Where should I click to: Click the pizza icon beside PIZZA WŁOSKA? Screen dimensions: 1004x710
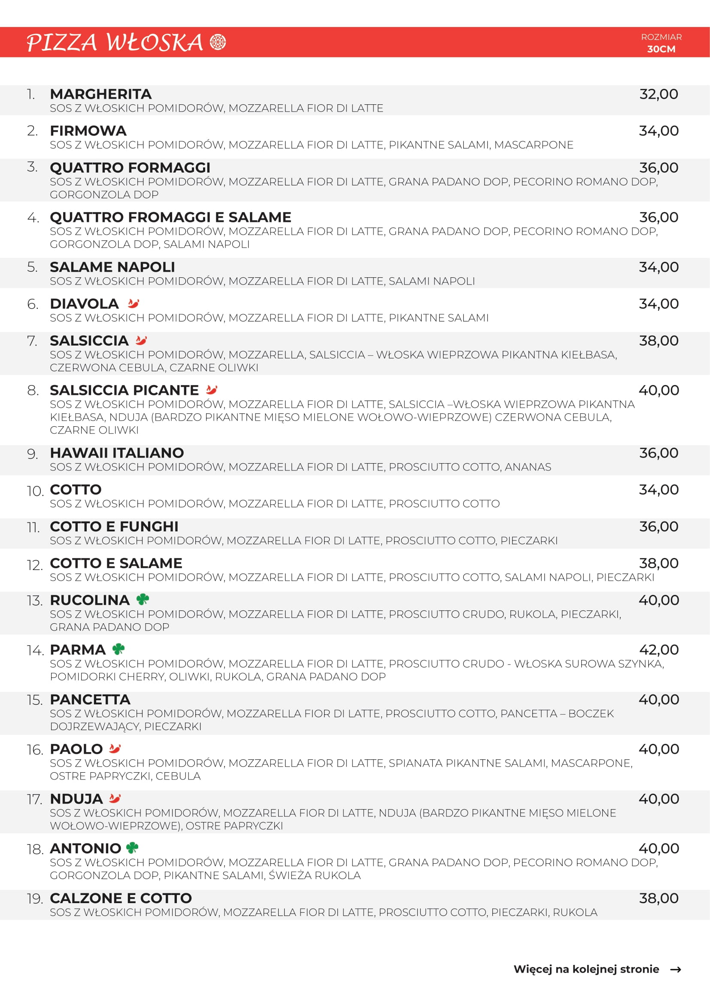click(218, 42)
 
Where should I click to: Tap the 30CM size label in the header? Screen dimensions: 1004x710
click(661, 49)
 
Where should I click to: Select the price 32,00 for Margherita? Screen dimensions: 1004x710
click(658, 94)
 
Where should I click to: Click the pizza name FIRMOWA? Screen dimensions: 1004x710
click(88, 131)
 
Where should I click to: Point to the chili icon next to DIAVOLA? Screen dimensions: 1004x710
click(134, 303)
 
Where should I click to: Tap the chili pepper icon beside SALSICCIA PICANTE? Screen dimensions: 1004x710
click(212, 390)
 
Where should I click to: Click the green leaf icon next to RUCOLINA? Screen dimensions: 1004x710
click(143, 600)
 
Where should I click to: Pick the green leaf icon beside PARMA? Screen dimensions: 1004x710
click(118, 649)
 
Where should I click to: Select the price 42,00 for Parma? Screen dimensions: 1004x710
click(658, 650)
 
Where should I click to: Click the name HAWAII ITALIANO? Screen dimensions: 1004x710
click(117, 453)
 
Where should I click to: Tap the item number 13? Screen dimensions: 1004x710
click(34, 601)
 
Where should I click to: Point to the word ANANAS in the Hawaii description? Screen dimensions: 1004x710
click(528, 467)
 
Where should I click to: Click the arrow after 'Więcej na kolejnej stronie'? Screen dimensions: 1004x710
click(676, 970)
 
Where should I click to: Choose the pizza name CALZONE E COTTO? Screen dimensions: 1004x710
click(121, 898)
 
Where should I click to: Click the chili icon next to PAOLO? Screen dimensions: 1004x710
click(115, 749)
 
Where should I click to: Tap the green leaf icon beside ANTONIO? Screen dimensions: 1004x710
click(132, 848)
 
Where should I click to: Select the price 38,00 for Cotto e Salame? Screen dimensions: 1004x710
click(658, 563)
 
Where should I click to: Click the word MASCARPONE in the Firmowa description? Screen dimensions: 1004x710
click(534, 145)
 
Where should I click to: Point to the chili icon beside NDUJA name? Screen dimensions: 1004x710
click(115, 798)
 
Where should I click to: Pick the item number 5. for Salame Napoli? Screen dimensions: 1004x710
click(32, 267)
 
